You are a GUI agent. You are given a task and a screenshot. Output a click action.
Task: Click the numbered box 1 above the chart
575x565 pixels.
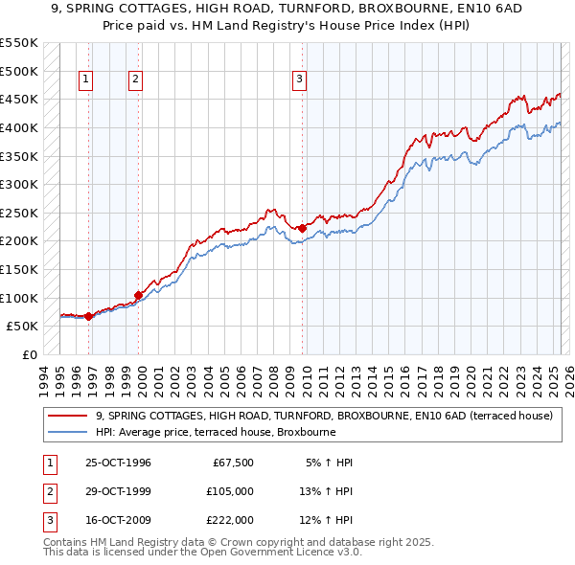point(86,79)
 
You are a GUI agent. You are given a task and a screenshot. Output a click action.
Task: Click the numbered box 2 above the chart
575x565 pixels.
point(135,79)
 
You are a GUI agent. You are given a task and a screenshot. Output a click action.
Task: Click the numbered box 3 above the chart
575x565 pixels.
point(300,79)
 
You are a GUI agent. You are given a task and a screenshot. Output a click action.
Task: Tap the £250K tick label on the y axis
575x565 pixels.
point(19,213)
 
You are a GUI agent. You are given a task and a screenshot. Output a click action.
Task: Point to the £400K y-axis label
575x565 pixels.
point(19,127)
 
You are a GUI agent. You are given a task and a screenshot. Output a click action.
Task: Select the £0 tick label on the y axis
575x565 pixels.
point(29,354)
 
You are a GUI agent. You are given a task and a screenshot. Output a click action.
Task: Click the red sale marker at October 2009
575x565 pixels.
point(303,228)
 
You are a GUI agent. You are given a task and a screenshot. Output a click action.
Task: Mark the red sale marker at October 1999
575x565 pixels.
point(139,295)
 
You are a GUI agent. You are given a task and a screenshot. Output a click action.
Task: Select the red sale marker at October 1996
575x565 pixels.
point(89,316)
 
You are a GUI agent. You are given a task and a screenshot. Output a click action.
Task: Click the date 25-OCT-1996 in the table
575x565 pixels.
point(118,463)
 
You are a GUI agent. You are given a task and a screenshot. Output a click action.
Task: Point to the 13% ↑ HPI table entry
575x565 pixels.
point(326,491)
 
